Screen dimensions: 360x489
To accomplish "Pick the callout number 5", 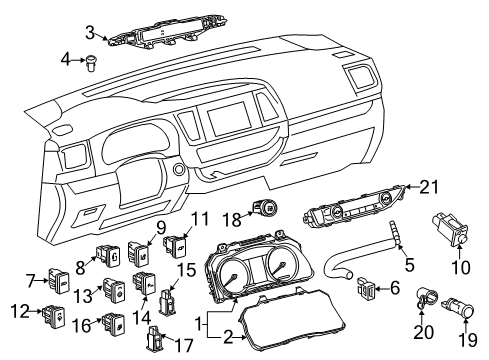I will [x=409, y=264].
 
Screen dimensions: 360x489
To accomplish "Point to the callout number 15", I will [x=185, y=269].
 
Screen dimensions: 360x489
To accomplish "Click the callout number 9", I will [x=160, y=227].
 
